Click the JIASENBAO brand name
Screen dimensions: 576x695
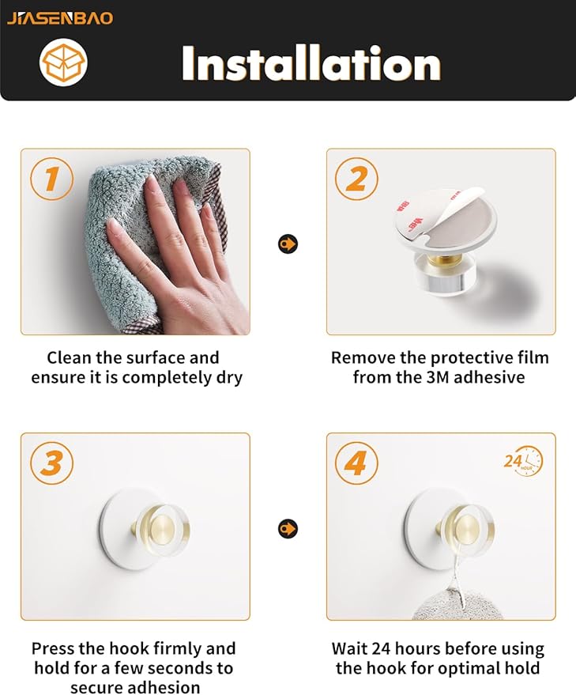tap(60, 18)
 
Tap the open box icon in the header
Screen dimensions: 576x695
tap(63, 62)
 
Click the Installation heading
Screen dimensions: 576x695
tap(311, 63)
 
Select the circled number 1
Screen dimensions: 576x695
tap(52, 179)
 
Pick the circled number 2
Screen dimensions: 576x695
tap(356, 179)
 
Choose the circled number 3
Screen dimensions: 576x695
tap(52, 463)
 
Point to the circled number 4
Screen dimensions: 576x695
tap(356, 463)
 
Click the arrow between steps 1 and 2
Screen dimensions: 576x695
tap(288, 244)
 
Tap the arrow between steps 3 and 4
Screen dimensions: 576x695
tap(288, 528)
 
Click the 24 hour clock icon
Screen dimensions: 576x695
tap(523, 462)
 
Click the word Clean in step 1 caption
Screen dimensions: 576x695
tap(68, 357)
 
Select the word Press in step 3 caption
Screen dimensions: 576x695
tap(53, 648)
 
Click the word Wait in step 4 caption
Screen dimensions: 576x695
tap(349, 648)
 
